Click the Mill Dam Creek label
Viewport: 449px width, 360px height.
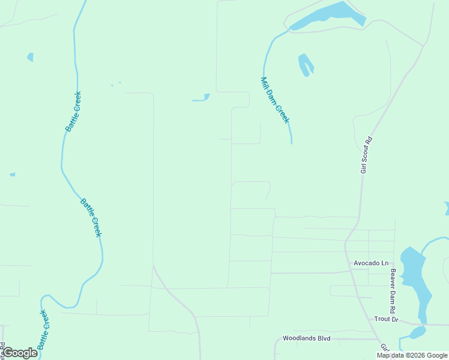tap(275, 100)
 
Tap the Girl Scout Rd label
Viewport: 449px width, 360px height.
tap(366, 155)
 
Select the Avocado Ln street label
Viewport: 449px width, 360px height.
tap(371, 263)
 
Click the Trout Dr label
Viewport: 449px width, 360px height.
tap(386, 319)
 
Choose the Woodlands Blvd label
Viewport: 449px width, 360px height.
tap(307, 338)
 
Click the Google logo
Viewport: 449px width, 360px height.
tap(19, 353)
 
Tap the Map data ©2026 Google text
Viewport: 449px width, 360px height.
tap(412, 355)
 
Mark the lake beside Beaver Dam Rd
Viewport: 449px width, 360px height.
tap(414, 279)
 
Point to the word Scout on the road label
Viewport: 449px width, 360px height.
tap(367, 152)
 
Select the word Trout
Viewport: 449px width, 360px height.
tap(382, 319)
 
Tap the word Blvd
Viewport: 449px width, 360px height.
tap(324, 338)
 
